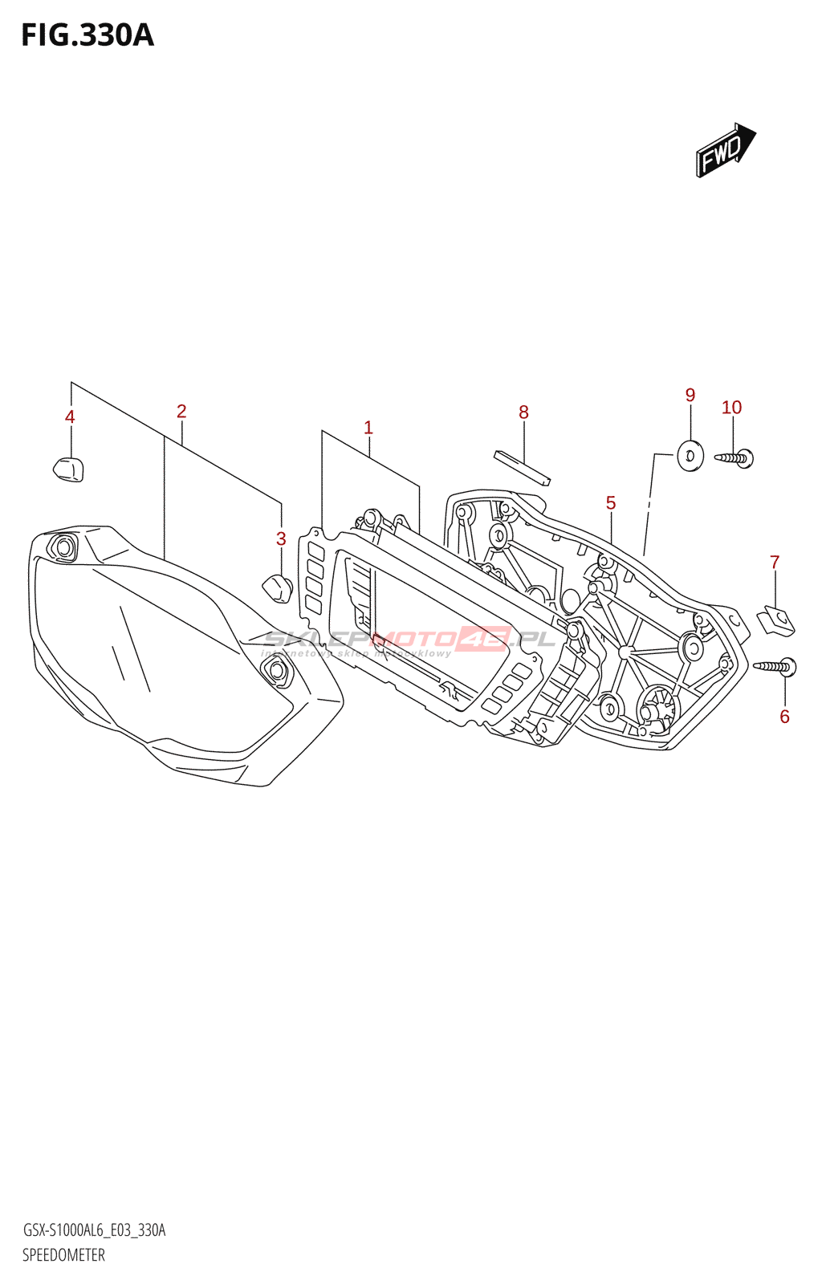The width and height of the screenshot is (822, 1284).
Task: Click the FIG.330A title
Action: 87,35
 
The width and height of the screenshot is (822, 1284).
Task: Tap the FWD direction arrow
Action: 724,149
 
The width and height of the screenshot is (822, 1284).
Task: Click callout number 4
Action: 70,416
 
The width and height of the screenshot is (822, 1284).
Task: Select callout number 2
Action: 181,411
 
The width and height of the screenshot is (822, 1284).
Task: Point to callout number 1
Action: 368,427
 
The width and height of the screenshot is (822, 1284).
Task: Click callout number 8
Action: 523,412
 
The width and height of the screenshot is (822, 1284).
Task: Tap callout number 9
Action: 690,394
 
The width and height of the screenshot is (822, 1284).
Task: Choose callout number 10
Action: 731,407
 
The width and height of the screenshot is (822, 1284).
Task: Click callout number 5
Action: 611,502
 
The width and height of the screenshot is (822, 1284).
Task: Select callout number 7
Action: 775,562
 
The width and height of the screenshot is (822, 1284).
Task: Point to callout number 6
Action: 784,716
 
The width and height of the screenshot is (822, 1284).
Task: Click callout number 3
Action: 281,538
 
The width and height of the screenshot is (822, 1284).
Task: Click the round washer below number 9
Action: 690,456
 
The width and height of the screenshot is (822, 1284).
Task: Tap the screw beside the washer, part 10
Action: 735,458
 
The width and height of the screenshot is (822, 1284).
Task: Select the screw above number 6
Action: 775,666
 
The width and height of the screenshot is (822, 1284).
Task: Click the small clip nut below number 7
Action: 776,620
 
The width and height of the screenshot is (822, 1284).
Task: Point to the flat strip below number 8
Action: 522,468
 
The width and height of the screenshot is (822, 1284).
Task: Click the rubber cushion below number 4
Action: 68,469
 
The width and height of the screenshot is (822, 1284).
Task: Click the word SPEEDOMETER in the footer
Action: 63,1255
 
